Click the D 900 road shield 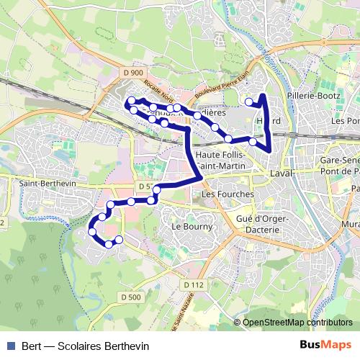point(132,72)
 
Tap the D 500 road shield point(130,297)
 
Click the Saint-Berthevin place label point(37,184)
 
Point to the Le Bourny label point(191,227)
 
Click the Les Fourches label point(228,194)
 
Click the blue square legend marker point(10,345)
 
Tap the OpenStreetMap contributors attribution point(298,322)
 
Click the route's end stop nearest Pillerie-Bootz point(249,102)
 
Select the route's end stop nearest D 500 point(120,239)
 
